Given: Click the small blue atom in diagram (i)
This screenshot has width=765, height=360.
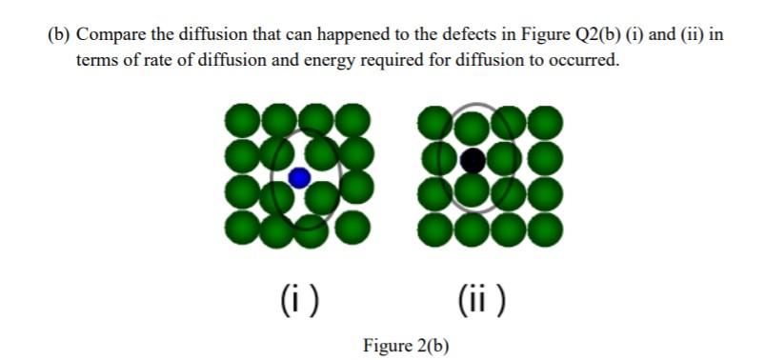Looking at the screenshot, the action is coord(299,177).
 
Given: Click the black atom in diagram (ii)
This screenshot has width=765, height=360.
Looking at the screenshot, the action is coord(472,160).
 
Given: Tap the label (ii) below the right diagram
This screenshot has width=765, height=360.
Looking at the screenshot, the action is coord(482,300).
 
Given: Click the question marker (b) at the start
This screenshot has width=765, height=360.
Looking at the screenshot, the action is coord(59,35).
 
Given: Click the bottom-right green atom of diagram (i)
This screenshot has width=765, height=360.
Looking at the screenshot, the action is coord(352,227).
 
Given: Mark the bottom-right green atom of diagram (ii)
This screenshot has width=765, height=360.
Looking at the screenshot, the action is coord(545,229).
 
